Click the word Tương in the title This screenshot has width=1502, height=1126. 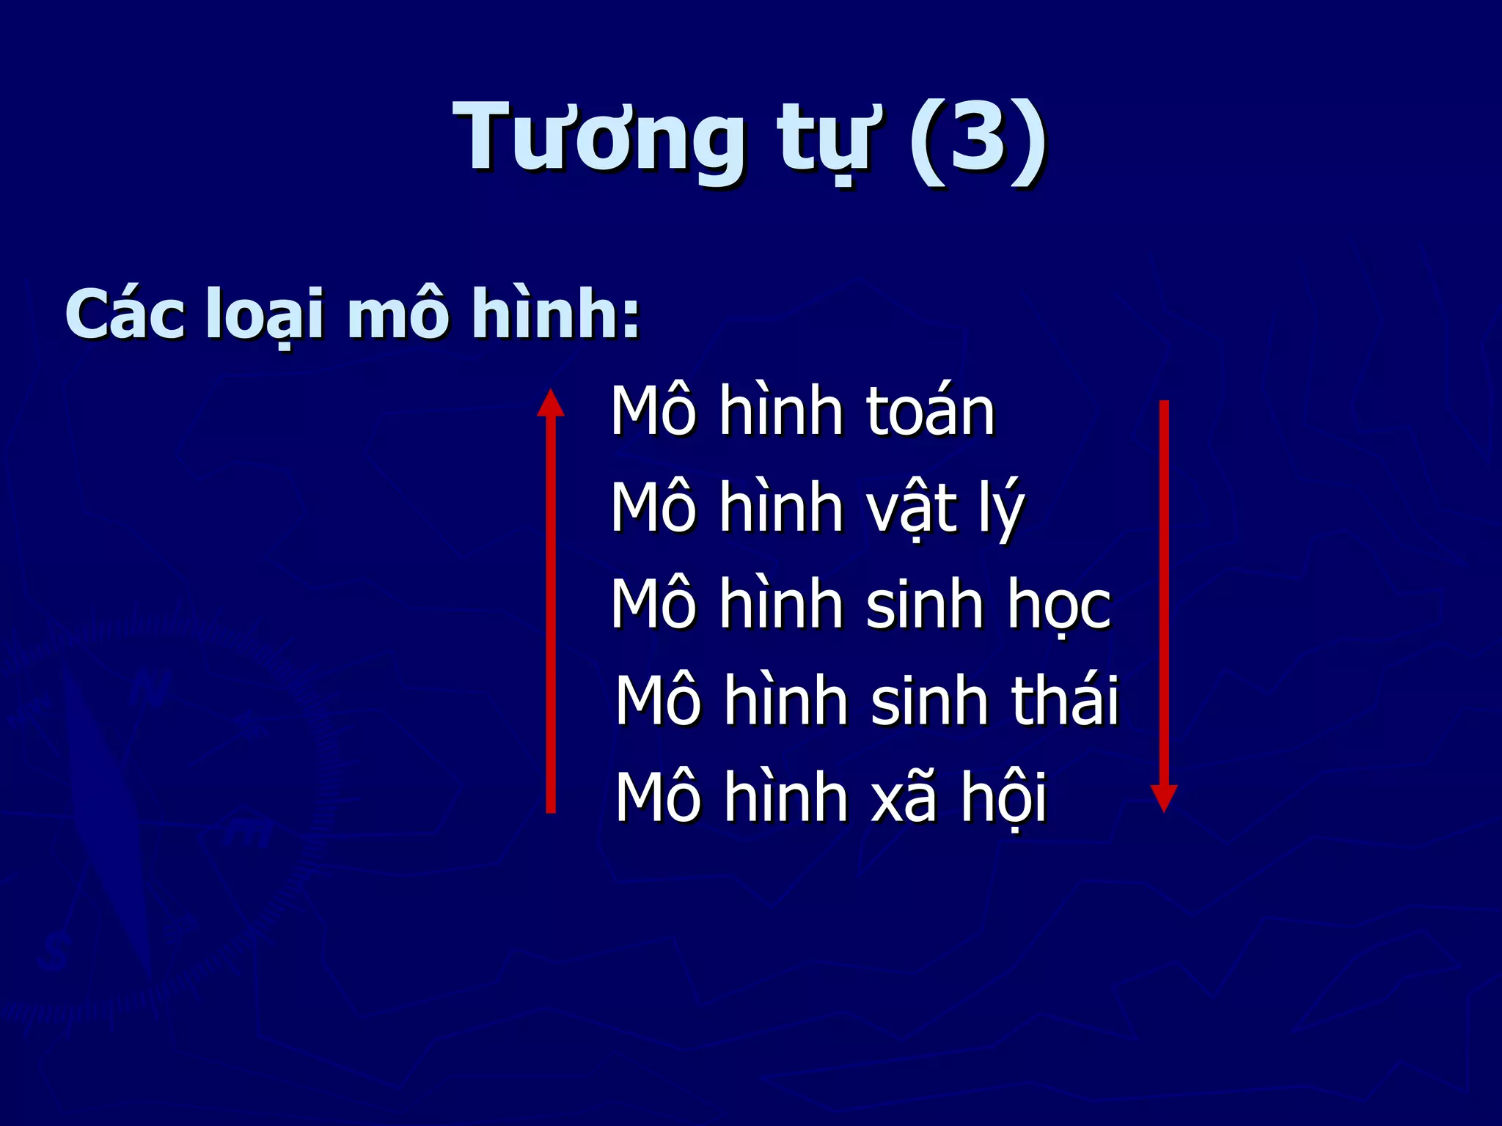(x=597, y=139)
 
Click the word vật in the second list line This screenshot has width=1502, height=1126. (x=912, y=509)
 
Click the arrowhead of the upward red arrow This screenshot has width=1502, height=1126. (x=551, y=403)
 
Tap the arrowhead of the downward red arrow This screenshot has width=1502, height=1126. (x=1164, y=798)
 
